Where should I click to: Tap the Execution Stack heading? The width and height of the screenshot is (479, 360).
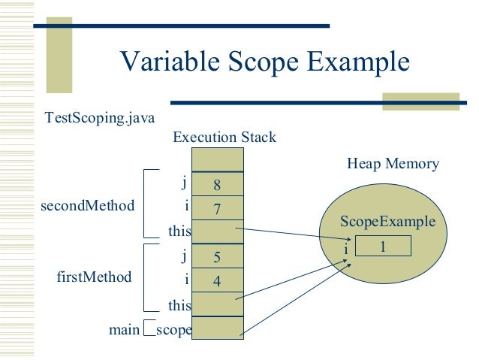[x=224, y=138]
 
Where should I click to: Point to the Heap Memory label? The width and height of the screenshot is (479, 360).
[x=393, y=164]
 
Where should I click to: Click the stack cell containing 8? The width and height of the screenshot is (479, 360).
[x=218, y=184]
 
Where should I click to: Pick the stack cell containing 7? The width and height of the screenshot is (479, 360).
[x=218, y=208]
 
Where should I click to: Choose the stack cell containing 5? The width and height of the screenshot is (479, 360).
[x=218, y=257]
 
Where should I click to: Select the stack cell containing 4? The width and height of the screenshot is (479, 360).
[x=218, y=281]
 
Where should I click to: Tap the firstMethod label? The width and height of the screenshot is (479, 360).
[x=94, y=277]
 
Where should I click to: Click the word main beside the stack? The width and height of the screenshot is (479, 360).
[x=124, y=329]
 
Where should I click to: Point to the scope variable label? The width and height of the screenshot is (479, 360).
[x=173, y=329]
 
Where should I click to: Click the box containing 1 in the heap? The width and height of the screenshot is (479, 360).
[x=382, y=246]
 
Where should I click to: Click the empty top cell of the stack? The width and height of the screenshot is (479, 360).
[x=218, y=159]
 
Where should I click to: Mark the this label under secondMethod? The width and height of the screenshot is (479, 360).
[x=181, y=231]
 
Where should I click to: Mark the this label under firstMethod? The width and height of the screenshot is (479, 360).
[x=181, y=306]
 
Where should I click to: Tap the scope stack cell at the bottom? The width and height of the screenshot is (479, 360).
[x=218, y=329]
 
